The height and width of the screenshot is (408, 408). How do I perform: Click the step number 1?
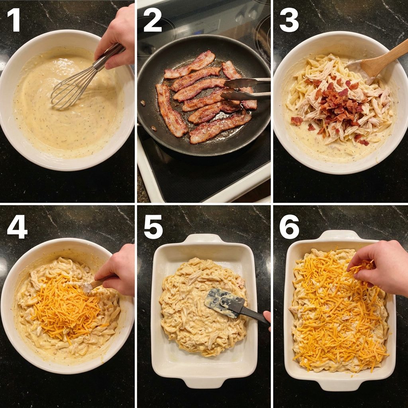coord(14,20)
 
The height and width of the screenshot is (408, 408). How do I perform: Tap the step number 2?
coord(153,20)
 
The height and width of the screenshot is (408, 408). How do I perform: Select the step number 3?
coord(289,20)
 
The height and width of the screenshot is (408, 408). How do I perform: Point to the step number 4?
coord(17,227)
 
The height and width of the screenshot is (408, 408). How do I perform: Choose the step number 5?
coord(153,227)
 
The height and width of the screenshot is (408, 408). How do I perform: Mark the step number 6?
coord(289,227)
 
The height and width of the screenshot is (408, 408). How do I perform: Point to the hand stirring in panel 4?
coord(118,271)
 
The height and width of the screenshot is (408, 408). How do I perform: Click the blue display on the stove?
coord(198,33)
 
